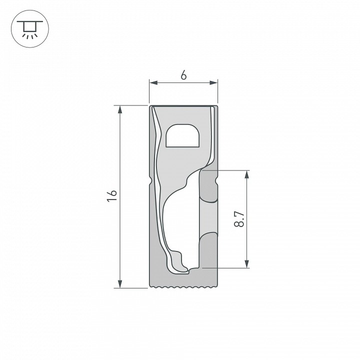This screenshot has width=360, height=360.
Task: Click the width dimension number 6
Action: (x=183, y=75)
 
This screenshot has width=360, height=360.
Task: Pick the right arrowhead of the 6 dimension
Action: (x=214, y=82)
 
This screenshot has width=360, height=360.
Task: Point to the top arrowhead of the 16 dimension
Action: (x=120, y=109)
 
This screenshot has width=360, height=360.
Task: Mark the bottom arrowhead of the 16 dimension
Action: (x=120, y=284)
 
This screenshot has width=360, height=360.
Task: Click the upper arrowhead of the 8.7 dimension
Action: (x=246, y=174)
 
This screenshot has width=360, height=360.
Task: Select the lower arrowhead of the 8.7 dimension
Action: (x=246, y=264)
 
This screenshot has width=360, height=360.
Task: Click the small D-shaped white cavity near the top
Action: (x=182, y=135)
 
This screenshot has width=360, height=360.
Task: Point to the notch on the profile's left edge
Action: (x=150, y=180)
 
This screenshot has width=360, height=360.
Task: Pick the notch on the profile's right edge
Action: (x=217, y=180)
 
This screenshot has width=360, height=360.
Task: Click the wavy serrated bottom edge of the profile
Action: (x=184, y=288)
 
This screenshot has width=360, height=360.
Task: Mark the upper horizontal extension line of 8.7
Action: (x=230, y=170)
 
